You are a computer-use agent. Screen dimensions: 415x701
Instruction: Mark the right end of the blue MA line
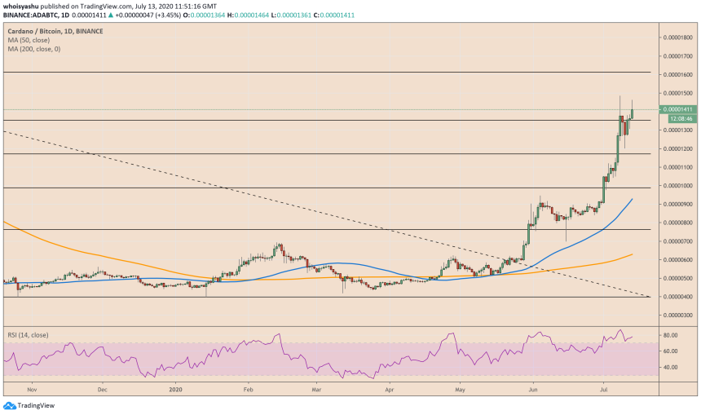633,198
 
